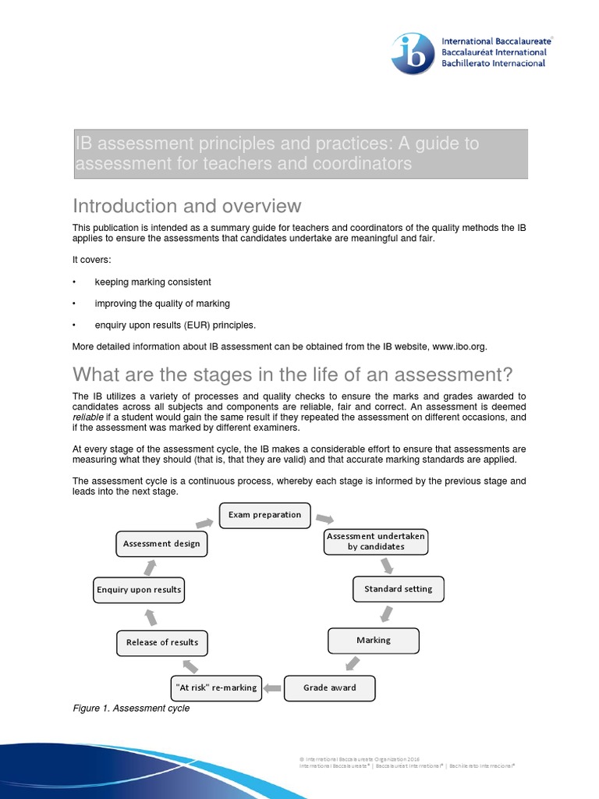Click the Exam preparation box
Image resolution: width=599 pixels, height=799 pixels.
click(x=264, y=516)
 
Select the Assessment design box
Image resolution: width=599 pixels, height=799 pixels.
click(x=161, y=544)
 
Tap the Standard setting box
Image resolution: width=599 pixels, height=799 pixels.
click(x=398, y=589)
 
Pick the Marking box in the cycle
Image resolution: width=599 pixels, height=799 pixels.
click(x=374, y=641)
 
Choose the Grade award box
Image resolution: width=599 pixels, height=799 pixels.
click(x=330, y=687)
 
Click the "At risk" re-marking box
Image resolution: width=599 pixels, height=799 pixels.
click(x=214, y=687)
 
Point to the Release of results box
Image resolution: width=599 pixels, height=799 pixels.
click(x=162, y=642)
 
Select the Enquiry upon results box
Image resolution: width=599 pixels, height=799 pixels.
click(x=139, y=590)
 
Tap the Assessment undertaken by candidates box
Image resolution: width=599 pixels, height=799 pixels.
click(x=376, y=542)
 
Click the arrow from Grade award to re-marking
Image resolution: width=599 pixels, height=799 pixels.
click(x=271, y=687)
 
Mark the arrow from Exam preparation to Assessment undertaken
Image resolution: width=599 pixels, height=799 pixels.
click(x=325, y=520)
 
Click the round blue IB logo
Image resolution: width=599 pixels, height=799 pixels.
click(x=413, y=54)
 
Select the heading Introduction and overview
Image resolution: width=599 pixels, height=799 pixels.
click(x=186, y=206)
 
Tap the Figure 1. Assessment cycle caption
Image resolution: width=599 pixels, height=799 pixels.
click(x=131, y=708)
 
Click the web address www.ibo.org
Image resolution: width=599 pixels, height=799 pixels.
click(x=459, y=346)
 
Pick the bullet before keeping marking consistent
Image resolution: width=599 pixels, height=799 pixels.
click(x=74, y=282)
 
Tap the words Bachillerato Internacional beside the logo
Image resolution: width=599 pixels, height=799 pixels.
click(x=493, y=63)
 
